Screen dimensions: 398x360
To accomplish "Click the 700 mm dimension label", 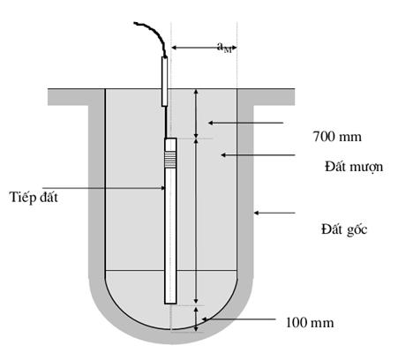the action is click(x=337, y=137).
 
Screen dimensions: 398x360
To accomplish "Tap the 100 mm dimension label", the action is click(x=310, y=323).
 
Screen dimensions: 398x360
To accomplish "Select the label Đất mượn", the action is click(x=354, y=167).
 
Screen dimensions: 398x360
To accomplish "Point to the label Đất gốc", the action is click(x=344, y=229).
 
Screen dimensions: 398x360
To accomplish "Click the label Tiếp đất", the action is click(x=34, y=197).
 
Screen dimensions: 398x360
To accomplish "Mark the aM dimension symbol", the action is click(x=225, y=48).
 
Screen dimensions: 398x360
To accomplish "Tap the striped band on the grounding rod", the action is click(x=170, y=161).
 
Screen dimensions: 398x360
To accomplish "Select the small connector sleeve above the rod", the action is click(x=165, y=81).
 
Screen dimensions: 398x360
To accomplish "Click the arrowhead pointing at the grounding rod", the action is click(x=162, y=188).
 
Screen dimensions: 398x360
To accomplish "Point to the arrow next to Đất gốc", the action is click(x=274, y=213).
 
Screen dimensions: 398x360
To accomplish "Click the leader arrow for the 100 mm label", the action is click(x=238, y=319).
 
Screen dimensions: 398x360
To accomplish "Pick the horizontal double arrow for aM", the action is click(x=204, y=48).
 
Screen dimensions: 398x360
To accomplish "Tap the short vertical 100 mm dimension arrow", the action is click(x=196, y=319).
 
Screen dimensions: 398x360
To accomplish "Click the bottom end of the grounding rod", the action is click(x=170, y=304).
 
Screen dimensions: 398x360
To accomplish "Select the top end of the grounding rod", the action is click(x=170, y=139).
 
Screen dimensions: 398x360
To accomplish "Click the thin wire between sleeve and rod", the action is click(x=166, y=122).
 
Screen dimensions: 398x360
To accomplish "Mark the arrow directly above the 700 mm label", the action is click(x=245, y=123).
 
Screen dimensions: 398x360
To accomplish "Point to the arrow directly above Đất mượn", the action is click(x=258, y=154).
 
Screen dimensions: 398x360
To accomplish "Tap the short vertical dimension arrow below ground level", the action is click(x=197, y=114).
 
